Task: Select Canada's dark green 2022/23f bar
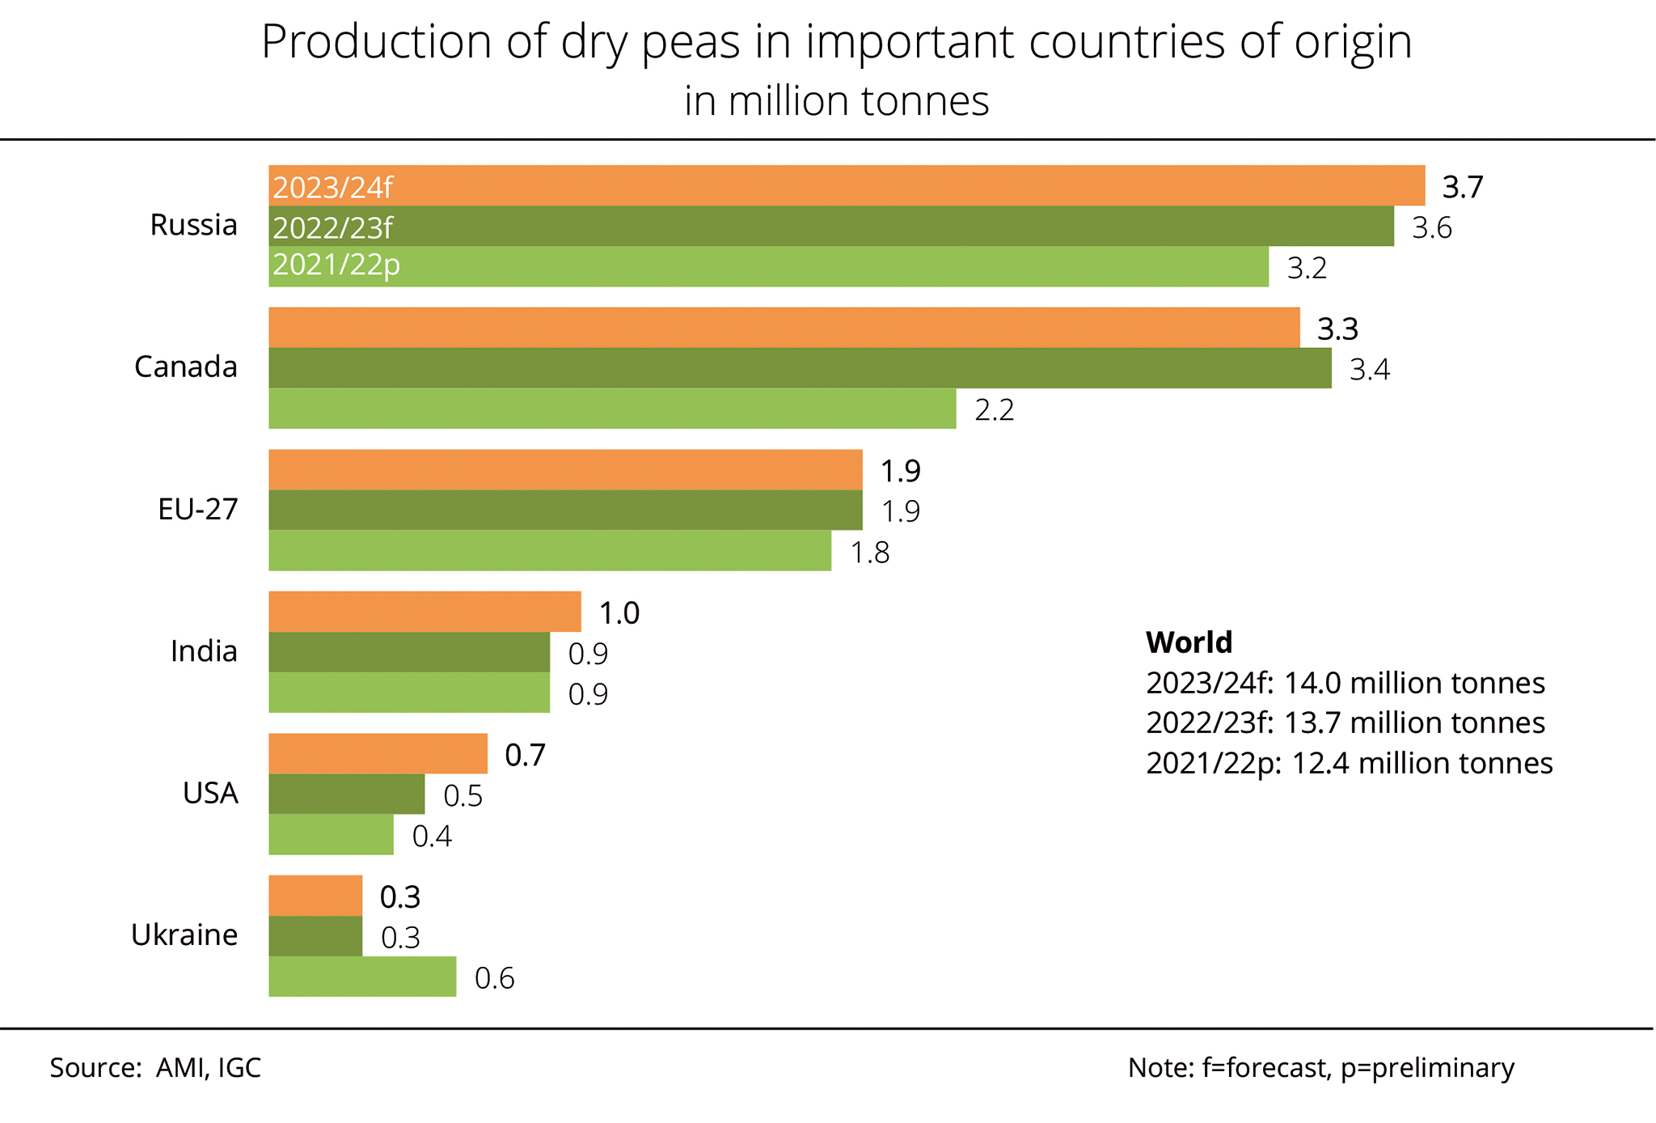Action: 800,368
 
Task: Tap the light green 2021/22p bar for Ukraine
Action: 362,977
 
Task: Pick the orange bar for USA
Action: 378,754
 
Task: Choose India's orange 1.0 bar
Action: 425,612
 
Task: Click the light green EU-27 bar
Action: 550,551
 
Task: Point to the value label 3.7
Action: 1463,188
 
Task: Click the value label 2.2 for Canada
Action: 994,410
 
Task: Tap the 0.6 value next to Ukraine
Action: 494,979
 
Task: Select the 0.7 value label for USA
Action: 525,756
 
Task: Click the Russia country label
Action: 193,225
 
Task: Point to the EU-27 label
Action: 197,510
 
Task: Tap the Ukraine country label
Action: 184,935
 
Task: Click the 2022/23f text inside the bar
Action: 332,228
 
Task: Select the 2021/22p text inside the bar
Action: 336,265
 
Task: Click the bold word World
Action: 1189,642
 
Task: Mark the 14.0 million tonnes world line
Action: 1345,684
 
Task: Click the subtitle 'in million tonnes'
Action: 836,102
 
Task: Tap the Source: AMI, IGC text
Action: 155,1068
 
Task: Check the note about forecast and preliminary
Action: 1320,1068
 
